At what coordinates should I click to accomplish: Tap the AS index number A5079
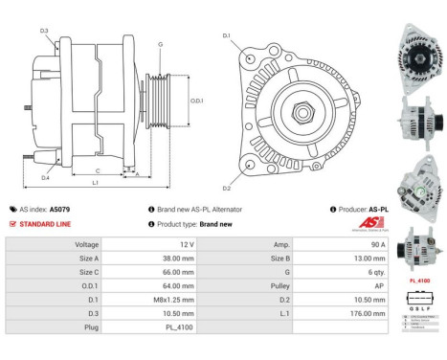pos(59,209)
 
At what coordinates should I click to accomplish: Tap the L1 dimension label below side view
pos(96,181)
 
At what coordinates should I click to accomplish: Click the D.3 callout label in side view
pos(44,31)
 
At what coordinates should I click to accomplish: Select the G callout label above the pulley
pos(160,44)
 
